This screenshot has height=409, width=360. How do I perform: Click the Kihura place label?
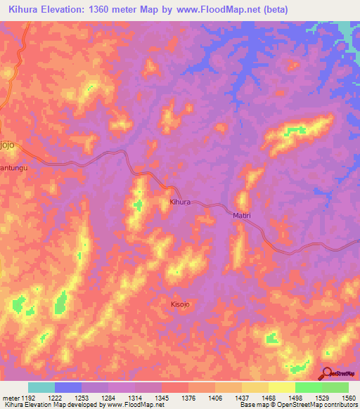[x=180, y=202]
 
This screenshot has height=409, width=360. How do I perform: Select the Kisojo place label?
[x=180, y=304]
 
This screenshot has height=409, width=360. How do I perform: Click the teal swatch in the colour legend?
[x=41, y=387]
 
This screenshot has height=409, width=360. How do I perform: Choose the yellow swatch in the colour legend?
[x=281, y=387]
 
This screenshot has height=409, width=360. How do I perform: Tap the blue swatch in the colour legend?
[x=67, y=387]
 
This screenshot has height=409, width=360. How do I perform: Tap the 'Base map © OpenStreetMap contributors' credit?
[x=298, y=405]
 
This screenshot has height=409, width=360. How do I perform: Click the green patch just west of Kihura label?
[x=139, y=205]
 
